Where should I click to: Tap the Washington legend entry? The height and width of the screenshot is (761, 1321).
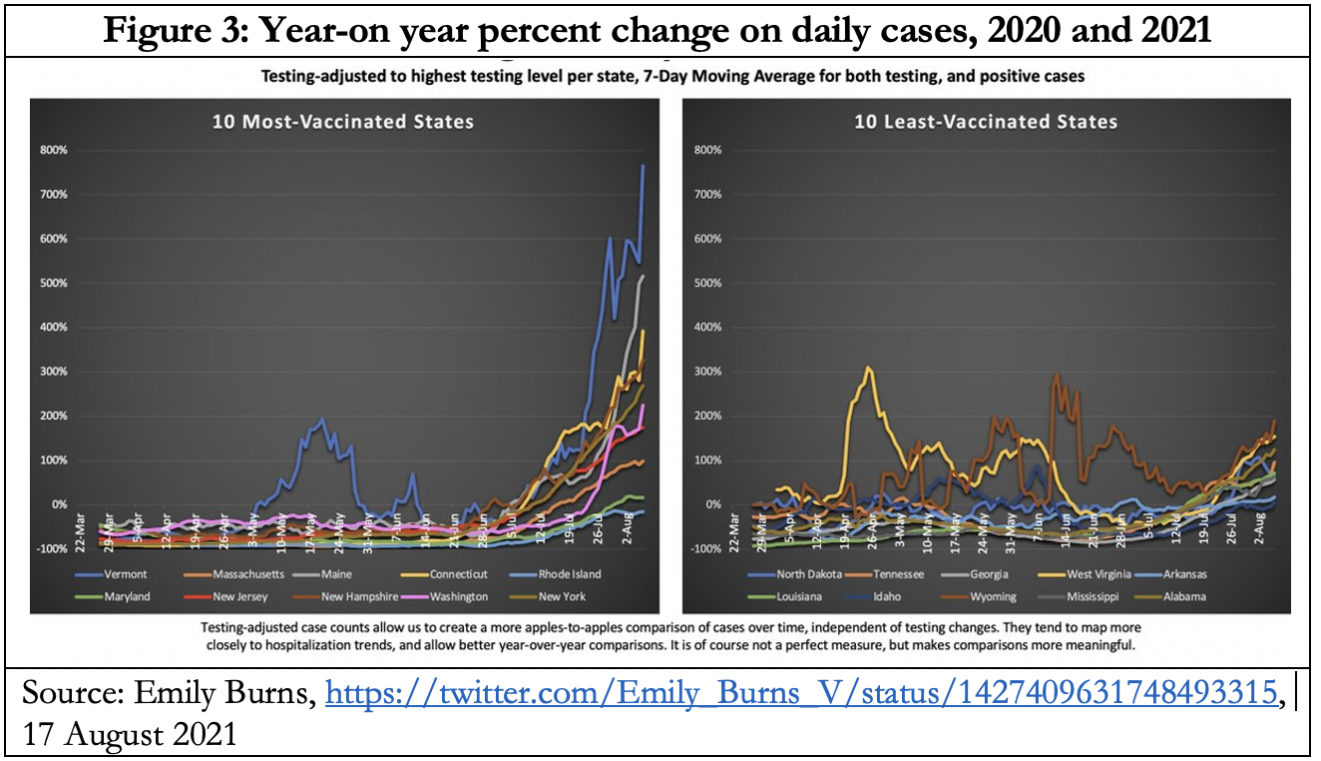pos(456,596)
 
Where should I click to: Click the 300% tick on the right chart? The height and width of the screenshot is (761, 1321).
pos(706,372)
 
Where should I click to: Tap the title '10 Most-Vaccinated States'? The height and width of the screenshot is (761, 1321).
pos(343,122)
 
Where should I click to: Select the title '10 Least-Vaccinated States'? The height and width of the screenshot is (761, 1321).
pos(986,122)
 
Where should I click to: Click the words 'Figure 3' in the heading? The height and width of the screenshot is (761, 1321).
pos(165,29)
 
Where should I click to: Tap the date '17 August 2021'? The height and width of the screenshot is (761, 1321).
pos(129,734)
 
